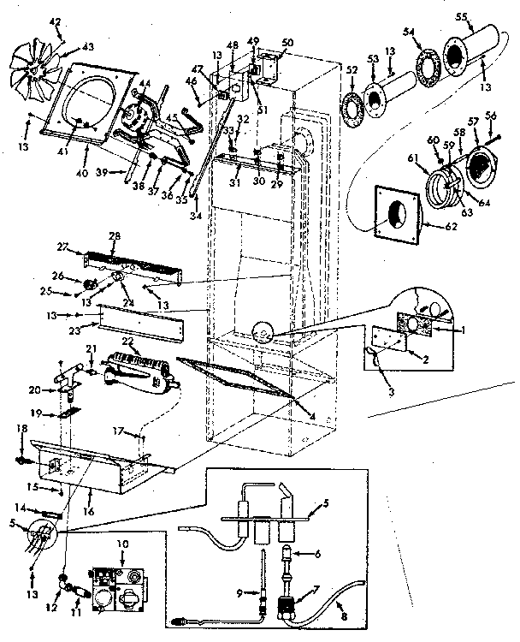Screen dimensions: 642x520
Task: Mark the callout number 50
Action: [287, 43]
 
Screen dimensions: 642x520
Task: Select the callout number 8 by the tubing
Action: [345, 615]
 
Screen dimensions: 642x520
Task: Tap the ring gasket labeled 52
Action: [352, 107]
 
